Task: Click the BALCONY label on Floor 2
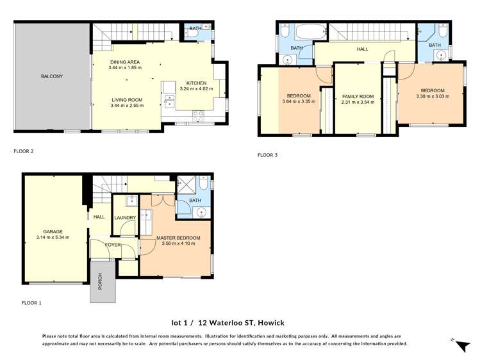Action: click(52, 76)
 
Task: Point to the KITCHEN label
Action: click(196, 83)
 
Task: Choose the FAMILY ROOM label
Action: click(357, 96)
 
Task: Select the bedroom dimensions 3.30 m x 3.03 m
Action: click(433, 97)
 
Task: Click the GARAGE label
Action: click(53, 232)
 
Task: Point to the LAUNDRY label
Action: click(125, 218)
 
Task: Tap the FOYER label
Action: click(104, 245)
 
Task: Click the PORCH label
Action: click(100, 282)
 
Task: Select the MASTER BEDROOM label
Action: click(179, 238)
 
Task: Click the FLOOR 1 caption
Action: click(31, 302)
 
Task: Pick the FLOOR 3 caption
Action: click(268, 155)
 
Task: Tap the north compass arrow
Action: click(459, 344)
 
